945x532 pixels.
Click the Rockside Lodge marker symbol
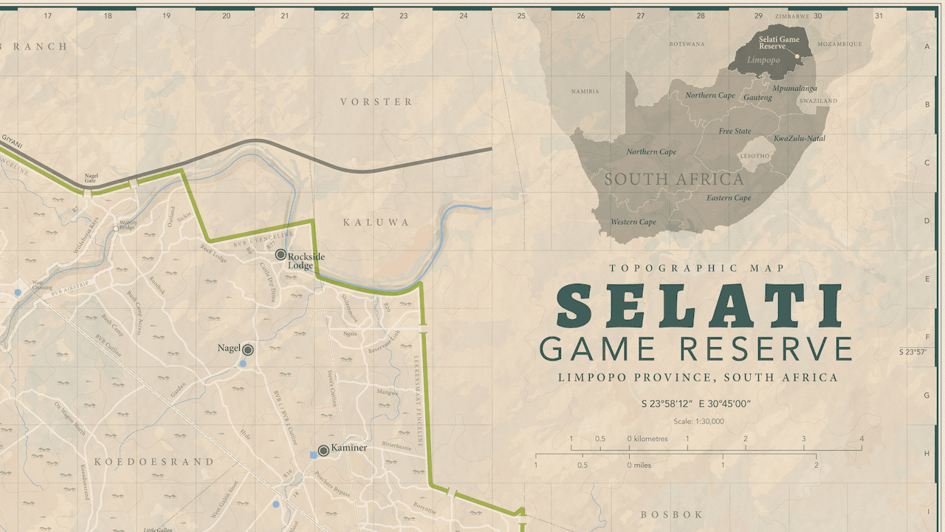pyautogui.click(x=281, y=254)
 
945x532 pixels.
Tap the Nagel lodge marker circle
pyautogui.click(x=248, y=349)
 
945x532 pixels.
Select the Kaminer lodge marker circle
pyautogui.click(x=323, y=450)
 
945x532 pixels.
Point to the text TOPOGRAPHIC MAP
pyautogui.click(x=698, y=268)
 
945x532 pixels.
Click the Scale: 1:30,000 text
pyautogui.click(x=698, y=421)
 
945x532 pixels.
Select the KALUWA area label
pyautogui.click(x=376, y=222)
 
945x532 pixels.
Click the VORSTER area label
pyautogui.click(x=376, y=101)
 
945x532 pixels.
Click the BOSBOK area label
pyautogui.click(x=671, y=514)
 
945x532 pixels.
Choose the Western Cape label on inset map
pyautogui.click(x=633, y=222)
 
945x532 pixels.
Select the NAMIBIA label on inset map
pyautogui.click(x=585, y=92)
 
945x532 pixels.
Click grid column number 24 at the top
pyautogui.click(x=463, y=16)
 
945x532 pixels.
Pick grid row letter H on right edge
pyautogui.click(x=927, y=454)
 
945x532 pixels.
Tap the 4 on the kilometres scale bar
pyautogui.click(x=861, y=438)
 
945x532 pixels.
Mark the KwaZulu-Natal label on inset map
pyautogui.click(x=799, y=138)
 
